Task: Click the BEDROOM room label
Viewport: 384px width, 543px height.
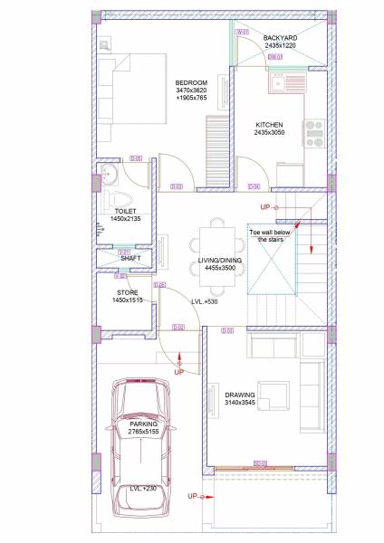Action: point(191,83)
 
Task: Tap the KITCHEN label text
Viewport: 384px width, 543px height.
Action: point(269,124)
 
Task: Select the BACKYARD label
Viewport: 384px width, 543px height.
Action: point(280,38)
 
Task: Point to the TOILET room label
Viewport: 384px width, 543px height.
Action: point(126,211)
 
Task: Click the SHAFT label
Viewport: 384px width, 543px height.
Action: point(130,258)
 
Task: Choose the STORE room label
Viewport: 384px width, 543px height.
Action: point(127,292)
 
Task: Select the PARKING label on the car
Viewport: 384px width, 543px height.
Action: point(143,424)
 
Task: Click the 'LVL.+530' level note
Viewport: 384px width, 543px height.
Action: point(204,301)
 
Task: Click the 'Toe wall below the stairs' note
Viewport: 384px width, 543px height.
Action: point(269,236)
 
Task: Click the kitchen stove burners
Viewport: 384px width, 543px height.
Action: point(314,133)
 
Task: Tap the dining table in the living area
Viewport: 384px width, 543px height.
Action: point(217,243)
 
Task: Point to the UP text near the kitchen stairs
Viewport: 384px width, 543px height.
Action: point(265,207)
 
